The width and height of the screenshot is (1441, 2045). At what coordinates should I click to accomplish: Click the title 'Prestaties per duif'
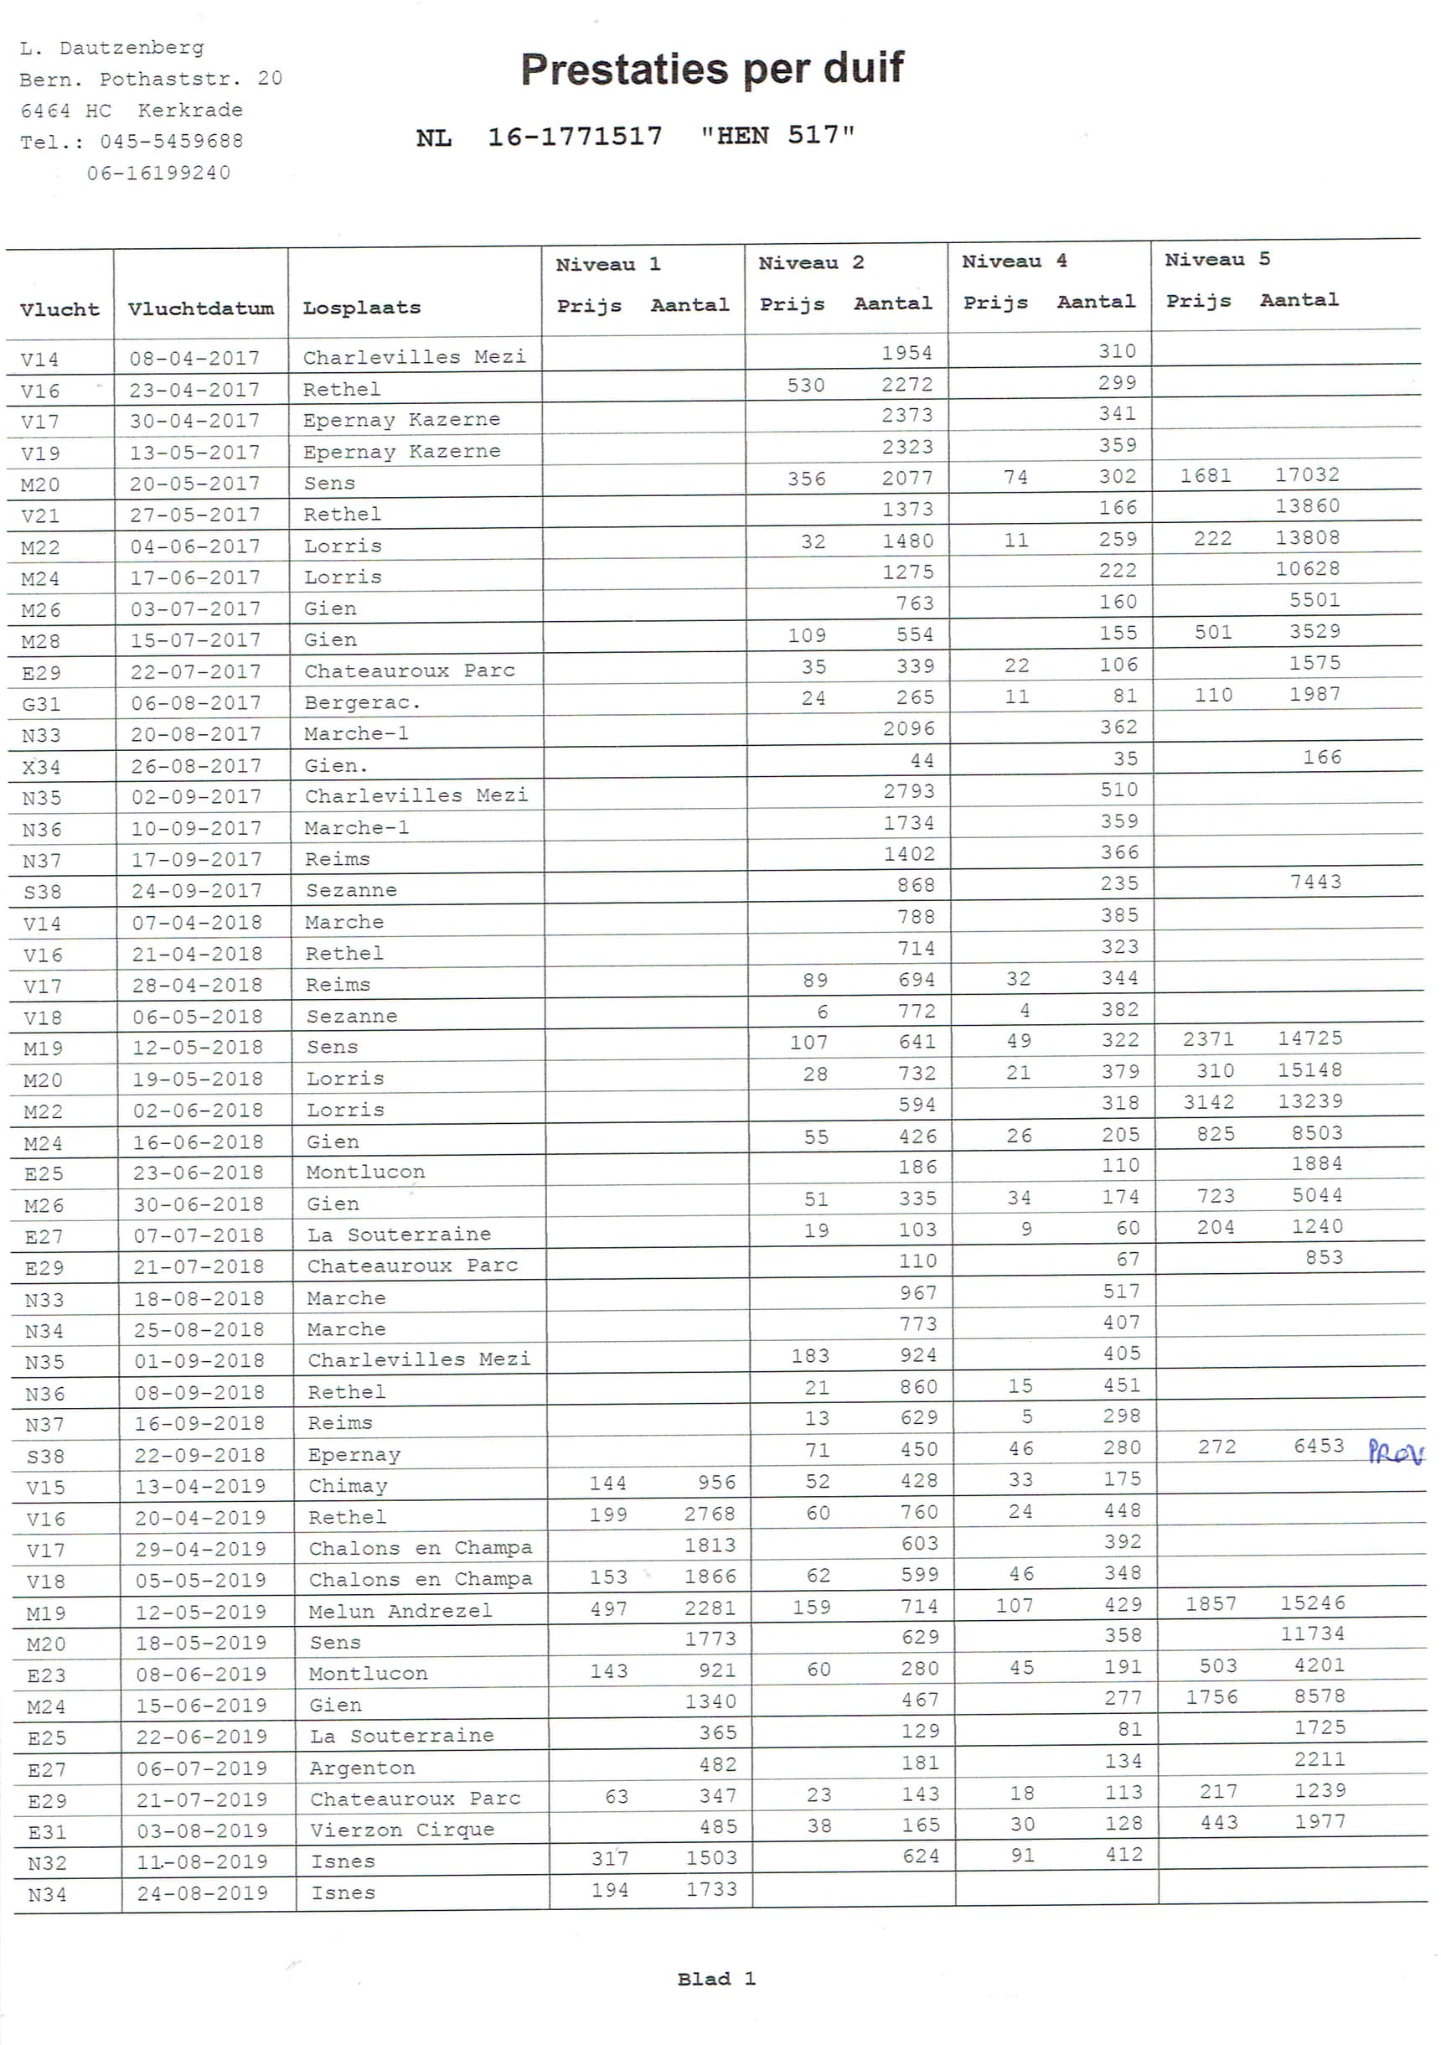click(x=711, y=69)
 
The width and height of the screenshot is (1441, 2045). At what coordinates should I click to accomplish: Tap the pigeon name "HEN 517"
click(x=777, y=136)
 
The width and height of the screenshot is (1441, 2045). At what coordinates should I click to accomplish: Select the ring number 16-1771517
click(x=575, y=137)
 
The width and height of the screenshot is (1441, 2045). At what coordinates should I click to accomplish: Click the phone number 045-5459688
click(x=171, y=142)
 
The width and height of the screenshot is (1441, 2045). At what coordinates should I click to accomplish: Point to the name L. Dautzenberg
click(x=111, y=48)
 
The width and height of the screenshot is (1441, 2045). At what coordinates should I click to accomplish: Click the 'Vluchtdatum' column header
click(x=200, y=309)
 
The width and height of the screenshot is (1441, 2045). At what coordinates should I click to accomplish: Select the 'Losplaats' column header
click(x=362, y=308)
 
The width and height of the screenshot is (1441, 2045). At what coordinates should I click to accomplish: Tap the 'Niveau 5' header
click(x=1216, y=260)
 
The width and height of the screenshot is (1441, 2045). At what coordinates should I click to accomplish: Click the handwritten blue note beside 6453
click(x=1395, y=1452)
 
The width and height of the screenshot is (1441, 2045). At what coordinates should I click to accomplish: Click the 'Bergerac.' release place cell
click(x=362, y=702)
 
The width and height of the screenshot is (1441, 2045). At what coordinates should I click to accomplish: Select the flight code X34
click(x=41, y=766)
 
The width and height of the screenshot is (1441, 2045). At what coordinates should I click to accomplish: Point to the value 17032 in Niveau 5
click(x=1306, y=474)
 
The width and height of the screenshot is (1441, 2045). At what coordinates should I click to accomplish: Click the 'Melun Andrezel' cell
click(x=400, y=1610)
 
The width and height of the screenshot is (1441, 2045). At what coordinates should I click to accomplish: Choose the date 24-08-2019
click(x=202, y=1892)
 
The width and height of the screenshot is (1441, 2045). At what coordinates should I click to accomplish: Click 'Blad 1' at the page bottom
click(x=716, y=1978)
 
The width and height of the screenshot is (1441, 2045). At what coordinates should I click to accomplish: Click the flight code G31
click(x=41, y=704)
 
